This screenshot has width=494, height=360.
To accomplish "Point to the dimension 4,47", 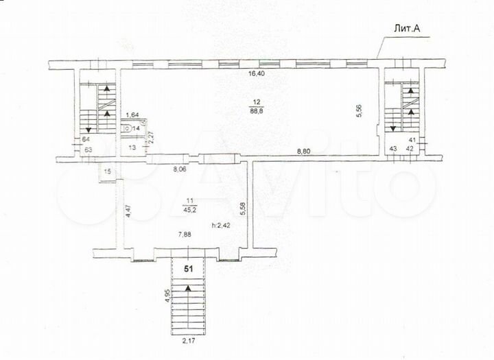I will [128, 209].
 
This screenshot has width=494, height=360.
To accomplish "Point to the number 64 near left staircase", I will [86, 139].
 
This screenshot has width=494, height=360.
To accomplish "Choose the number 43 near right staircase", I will [394, 148].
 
